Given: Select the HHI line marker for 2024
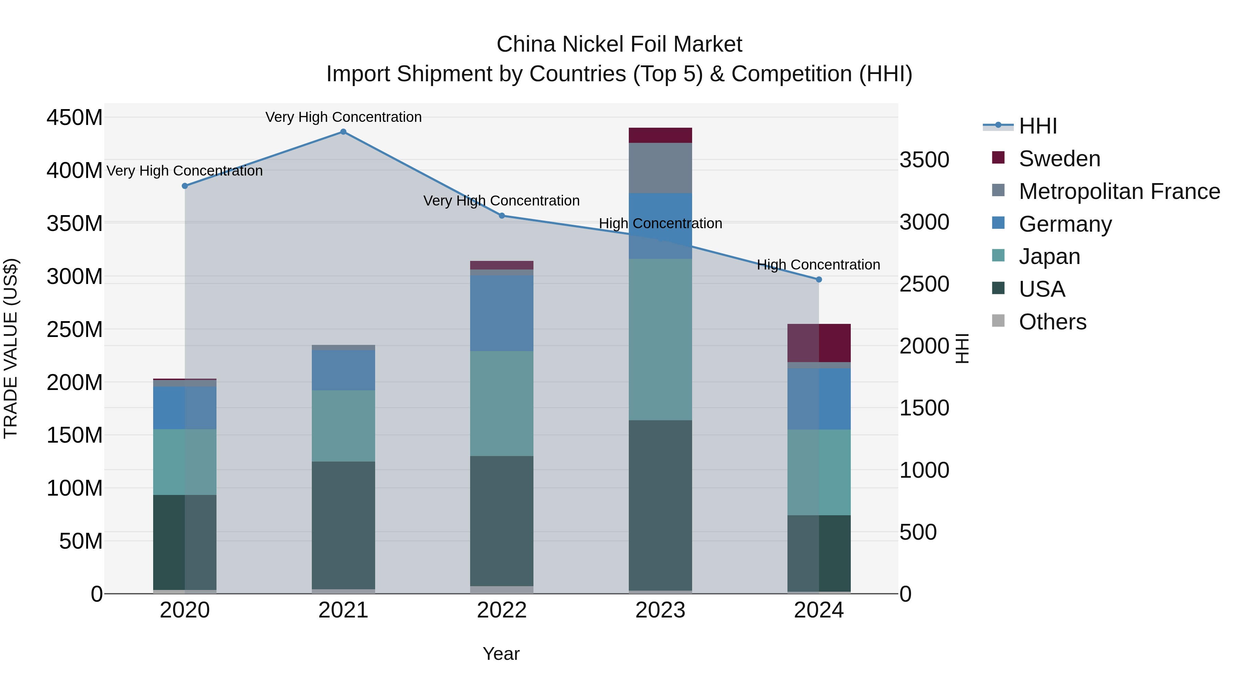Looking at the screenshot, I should click(x=819, y=279).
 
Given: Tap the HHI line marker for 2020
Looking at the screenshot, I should click(x=185, y=186).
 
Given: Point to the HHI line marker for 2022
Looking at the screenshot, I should click(x=502, y=216).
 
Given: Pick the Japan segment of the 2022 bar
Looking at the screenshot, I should click(x=502, y=404).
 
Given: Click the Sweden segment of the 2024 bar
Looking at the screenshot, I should click(x=819, y=343).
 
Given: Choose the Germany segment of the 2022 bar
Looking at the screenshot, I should click(x=502, y=313).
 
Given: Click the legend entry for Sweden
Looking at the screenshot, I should click(x=1059, y=159).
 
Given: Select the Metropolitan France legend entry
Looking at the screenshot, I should click(x=1119, y=191).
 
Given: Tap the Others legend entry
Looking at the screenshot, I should click(x=1052, y=322).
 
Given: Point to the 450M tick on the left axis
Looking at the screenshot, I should click(x=75, y=117).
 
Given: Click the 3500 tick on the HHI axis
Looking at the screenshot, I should click(x=924, y=160).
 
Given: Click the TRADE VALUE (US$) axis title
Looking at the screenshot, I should click(x=11, y=348).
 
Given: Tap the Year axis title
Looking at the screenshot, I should click(x=501, y=654).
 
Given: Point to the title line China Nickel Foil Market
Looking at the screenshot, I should click(x=619, y=44).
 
